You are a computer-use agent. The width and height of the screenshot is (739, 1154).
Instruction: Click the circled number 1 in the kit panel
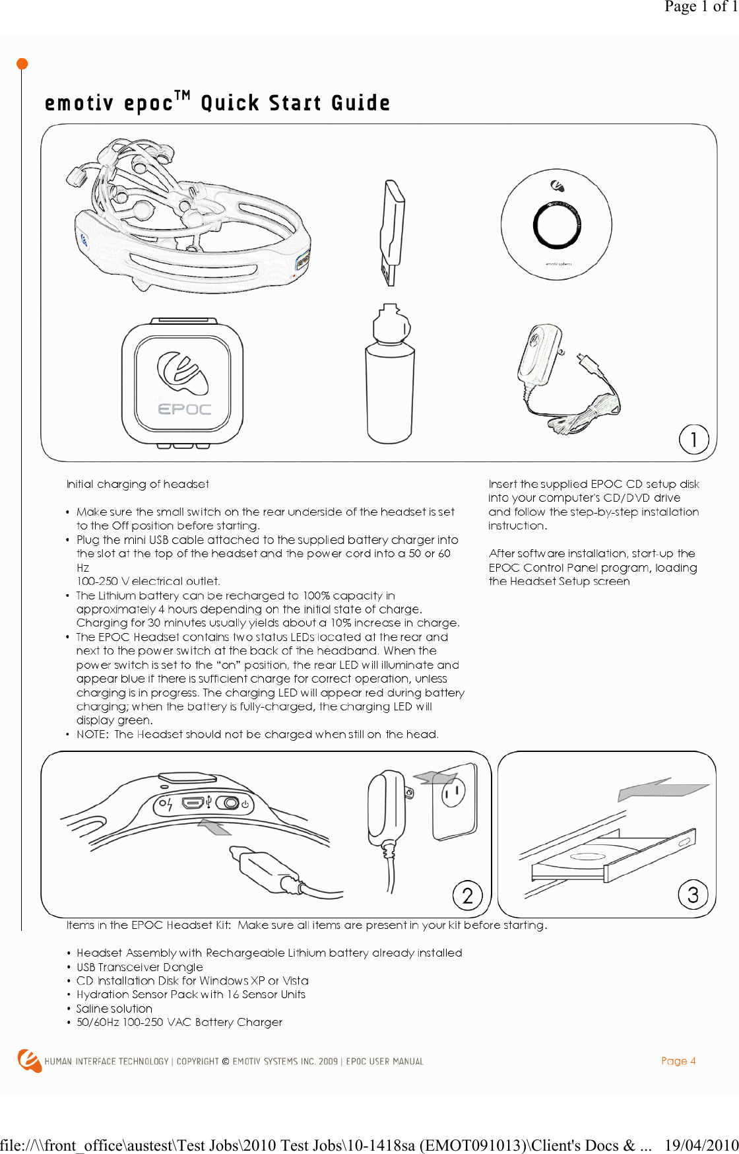pyautogui.click(x=693, y=439)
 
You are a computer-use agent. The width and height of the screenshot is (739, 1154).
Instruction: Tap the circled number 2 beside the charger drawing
pyautogui.click(x=468, y=895)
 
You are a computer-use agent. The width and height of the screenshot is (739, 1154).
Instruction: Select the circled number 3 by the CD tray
pyautogui.click(x=693, y=895)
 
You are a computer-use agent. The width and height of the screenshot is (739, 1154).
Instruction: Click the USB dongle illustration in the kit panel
pyautogui.click(x=393, y=232)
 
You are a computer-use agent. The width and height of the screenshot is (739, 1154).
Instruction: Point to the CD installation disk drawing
pyautogui.click(x=556, y=225)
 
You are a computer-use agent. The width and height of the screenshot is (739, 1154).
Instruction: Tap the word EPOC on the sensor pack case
pyautogui.click(x=184, y=409)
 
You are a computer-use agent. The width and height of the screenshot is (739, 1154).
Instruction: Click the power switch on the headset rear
pyautogui.click(x=231, y=803)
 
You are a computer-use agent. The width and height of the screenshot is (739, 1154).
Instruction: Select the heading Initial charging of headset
pyautogui.click(x=137, y=484)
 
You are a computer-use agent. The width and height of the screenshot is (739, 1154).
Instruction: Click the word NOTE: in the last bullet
pyautogui.click(x=92, y=734)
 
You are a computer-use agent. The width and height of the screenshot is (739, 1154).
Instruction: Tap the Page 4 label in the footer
pyautogui.click(x=678, y=1061)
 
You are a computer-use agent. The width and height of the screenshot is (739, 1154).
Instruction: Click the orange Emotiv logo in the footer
pyautogui.click(x=29, y=1060)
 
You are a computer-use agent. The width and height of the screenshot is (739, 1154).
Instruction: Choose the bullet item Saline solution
pyautogui.click(x=114, y=1008)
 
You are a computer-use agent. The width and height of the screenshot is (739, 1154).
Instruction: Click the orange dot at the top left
pyautogui.click(x=22, y=64)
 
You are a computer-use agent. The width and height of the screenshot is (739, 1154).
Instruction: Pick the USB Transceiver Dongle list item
pyautogui.click(x=140, y=967)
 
